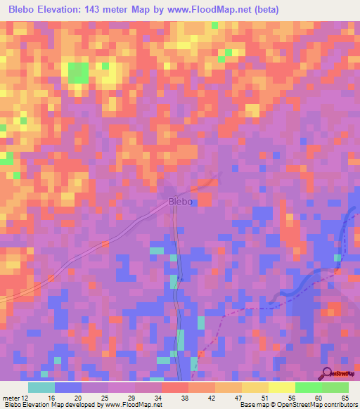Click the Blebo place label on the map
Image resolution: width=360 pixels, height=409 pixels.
coord(181,202)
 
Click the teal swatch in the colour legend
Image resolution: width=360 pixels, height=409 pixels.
coord(41,387)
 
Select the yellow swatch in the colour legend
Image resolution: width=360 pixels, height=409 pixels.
coord(282,387)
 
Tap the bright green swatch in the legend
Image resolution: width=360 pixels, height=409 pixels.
coord(309,387)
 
